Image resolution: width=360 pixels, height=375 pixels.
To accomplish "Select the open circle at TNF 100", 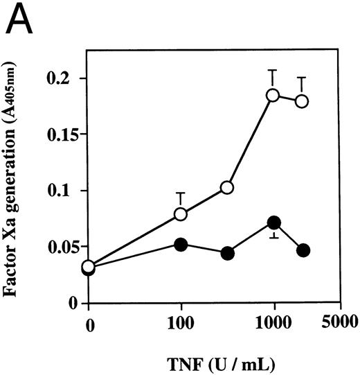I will (x=181, y=214).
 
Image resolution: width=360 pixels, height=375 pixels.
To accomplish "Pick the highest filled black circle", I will (x=274, y=223).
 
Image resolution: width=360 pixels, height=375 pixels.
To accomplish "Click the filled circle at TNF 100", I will (x=181, y=244).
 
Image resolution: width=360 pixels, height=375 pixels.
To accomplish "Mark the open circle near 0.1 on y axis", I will (x=226, y=188).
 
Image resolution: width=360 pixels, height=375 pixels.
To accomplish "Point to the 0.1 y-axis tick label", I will (x=67, y=191).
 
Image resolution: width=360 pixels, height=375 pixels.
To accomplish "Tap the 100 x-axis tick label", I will (x=181, y=323).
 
